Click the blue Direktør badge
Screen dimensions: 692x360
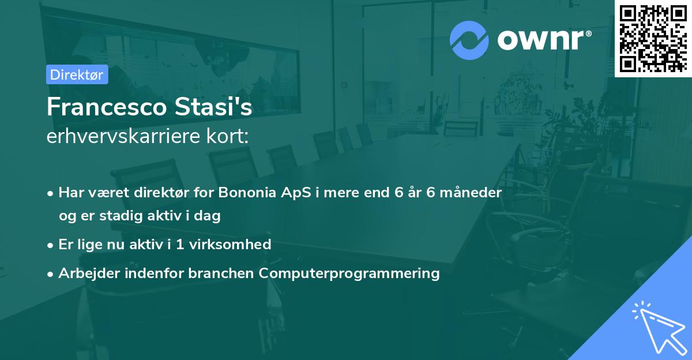[77, 74]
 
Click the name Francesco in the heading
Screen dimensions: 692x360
[107, 107]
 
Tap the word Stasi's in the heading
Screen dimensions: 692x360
[213, 107]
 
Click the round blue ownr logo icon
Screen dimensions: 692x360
[469, 40]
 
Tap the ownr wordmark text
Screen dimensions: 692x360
[544, 40]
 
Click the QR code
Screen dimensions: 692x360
[653, 39]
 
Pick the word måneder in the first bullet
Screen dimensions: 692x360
[471, 192]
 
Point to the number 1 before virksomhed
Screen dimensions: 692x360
[180, 245]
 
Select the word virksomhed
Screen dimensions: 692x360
[230, 244]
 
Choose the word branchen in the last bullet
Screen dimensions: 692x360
[221, 273]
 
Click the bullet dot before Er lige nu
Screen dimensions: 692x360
[50, 246]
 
